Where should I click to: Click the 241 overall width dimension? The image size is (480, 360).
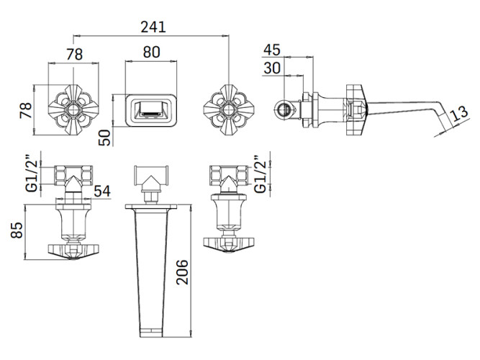pyautogui.click(x=153, y=27)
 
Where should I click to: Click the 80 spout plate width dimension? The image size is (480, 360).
pyautogui.click(x=151, y=52)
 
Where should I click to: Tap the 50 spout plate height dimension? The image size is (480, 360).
pyautogui.click(x=104, y=138)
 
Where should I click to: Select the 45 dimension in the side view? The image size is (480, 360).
pyautogui.click(x=272, y=50)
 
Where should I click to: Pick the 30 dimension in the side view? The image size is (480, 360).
pyautogui.click(x=272, y=68)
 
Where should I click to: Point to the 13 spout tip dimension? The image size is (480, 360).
pyautogui.click(x=460, y=113)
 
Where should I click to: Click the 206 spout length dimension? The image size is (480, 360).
pyautogui.click(x=183, y=272)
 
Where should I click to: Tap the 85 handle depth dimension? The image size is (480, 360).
pyautogui.click(x=17, y=230)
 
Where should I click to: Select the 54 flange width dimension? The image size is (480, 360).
pyautogui.click(x=102, y=192)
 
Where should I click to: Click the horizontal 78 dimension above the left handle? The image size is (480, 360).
pyautogui.click(x=74, y=55)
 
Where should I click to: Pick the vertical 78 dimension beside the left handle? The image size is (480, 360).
pyautogui.click(x=26, y=110)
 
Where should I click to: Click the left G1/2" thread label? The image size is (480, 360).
pyautogui.click(x=32, y=176)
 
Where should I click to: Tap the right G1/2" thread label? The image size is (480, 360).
pyautogui.click(x=261, y=174)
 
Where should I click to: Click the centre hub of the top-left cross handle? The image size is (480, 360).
pyautogui.click(x=73, y=109)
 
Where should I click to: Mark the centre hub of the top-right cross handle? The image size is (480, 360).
pyautogui.click(x=229, y=109)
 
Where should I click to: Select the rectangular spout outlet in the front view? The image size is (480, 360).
pyautogui.click(x=151, y=110)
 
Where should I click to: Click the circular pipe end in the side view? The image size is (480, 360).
pyautogui.click(x=285, y=109)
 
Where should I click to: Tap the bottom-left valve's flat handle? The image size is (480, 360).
pyautogui.click(x=73, y=251)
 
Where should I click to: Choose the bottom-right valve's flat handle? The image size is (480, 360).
pyautogui.click(x=229, y=244)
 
